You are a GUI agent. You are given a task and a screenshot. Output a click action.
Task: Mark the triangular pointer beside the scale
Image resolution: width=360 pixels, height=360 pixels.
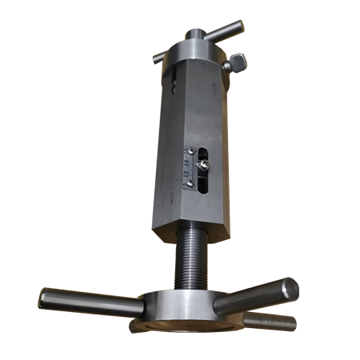(198, 166)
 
